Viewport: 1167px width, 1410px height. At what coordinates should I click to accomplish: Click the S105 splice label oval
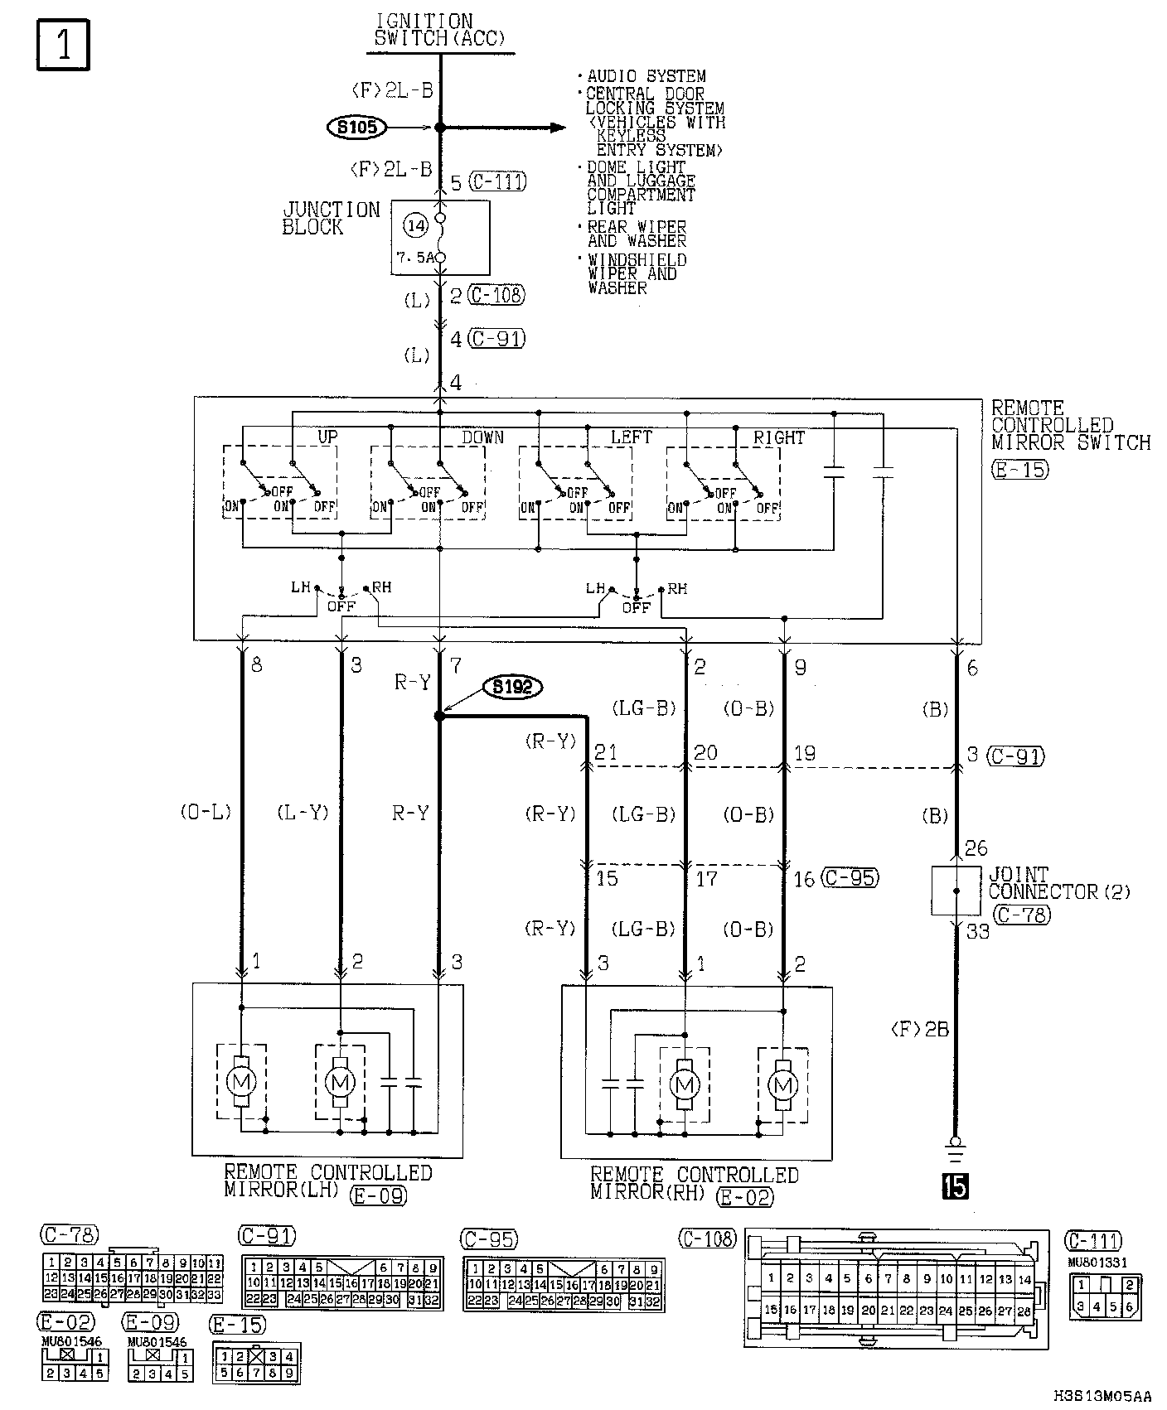[x=357, y=128]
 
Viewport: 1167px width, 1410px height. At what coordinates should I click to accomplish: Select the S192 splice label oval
[x=513, y=687]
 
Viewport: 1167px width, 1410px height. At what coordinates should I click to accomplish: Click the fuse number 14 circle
[x=416, y=225]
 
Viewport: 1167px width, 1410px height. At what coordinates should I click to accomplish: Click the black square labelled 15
[x=955, y=1188]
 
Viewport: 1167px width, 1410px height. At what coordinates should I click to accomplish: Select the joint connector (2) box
[x=956, y=891]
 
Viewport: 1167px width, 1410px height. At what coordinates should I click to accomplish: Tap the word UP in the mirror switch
[x=327, y=437]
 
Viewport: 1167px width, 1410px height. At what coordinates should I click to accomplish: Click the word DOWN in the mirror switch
[x=482, y=437]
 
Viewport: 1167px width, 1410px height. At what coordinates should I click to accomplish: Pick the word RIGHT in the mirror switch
[x=778, y=437]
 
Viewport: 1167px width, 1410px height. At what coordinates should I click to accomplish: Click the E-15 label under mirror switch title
[x=1019, y=470]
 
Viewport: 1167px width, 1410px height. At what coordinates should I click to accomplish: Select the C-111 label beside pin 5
[x=497, y=182]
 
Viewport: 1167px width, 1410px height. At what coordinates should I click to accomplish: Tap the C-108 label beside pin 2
[x=496, y=295]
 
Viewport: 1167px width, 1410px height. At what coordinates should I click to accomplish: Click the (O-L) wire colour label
[x=206, y=813]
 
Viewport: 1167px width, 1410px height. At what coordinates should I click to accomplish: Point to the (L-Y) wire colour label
[x=303, y=813]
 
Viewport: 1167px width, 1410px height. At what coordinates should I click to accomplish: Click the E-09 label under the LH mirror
[x=379, y=1195]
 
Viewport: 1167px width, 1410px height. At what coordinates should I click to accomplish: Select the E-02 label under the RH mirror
[x=744, y=1196]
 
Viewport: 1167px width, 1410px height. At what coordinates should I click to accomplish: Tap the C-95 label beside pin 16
[x=850, y=878]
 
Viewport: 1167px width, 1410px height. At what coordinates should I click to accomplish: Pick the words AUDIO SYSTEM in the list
[x=646, y=76]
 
